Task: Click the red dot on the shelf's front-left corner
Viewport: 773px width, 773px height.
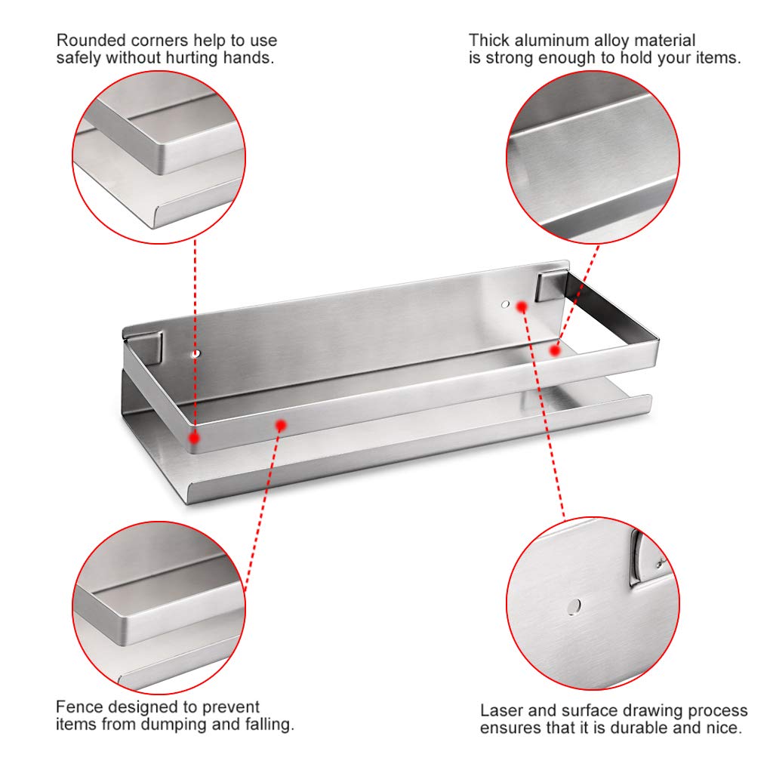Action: [x=194, y=437]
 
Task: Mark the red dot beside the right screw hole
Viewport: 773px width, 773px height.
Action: [x=522, y=307]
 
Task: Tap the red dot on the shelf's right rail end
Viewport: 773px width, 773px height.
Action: [x=555, y=350]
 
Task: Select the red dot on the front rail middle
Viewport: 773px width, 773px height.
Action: [x=281, y=425]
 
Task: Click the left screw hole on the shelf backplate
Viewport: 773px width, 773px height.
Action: [x=196, y=354]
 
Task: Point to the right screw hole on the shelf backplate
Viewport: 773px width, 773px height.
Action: [x=505, y=304]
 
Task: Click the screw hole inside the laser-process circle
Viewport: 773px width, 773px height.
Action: [x=574, y=606]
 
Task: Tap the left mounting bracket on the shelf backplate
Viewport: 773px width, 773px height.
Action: [x=146, y=348]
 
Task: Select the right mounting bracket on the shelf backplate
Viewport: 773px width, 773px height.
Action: [x=550, y=286]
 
